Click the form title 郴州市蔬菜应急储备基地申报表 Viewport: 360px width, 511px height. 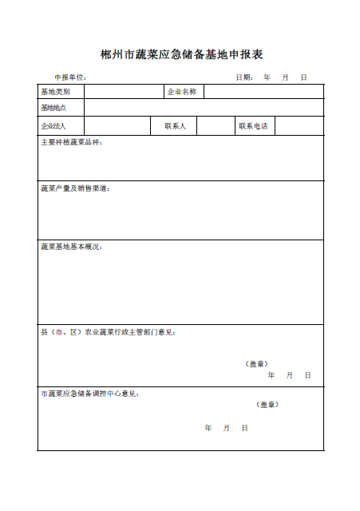coord(181,55)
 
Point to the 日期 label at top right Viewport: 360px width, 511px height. coord(244,77)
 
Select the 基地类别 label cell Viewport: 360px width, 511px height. coord(61,92)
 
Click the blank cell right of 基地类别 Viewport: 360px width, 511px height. coord(124,92)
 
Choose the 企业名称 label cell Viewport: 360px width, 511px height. coord(183,92)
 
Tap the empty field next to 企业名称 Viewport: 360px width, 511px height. coord(263,92)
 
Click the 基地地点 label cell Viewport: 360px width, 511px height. coord(61,107)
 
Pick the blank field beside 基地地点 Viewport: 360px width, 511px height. coord(204,107)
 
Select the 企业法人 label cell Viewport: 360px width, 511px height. coord(61,126)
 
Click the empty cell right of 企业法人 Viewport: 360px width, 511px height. coord(117,126)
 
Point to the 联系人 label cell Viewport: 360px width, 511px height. coord(174,126)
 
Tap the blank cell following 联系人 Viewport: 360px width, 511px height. coord(215,126)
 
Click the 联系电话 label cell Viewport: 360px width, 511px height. coord(253,126)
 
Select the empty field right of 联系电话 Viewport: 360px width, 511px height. coord(299,126)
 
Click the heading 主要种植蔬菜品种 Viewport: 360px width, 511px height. coord(72,143)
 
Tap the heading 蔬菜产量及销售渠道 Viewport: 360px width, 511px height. coord(75,188)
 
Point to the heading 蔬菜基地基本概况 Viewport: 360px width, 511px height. coord(72,247)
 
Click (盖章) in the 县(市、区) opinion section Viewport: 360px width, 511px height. coord(256,363)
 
